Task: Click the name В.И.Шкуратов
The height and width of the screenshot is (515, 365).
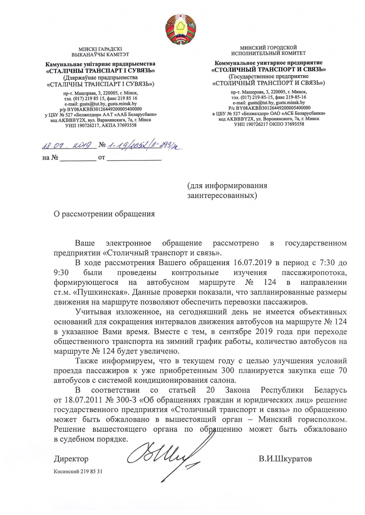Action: [x=285, y=459]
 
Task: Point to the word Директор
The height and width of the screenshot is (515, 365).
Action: [x=71, y=459]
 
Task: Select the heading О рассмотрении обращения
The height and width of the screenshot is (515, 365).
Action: [x=104, y=214]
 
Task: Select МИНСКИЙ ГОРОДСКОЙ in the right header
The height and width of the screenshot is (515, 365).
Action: [x=268, y=48]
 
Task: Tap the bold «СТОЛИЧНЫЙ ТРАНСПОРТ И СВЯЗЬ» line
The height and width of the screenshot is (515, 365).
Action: [x=268, y=69]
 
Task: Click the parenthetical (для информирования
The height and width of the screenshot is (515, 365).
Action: [x=227, y=186]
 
